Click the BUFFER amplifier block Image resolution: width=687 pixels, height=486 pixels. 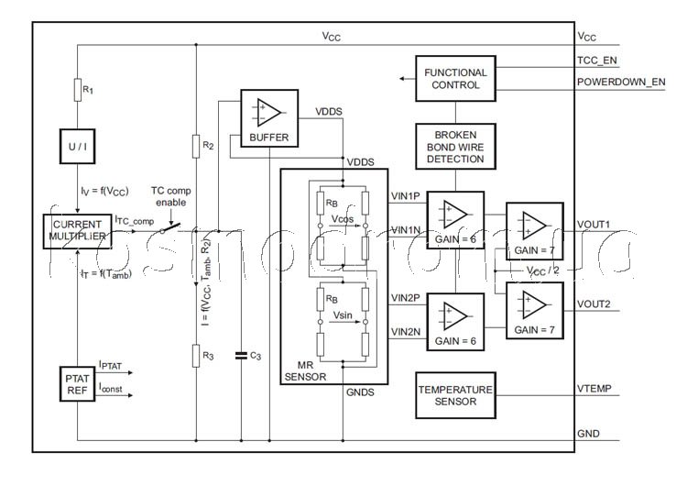(269, 117)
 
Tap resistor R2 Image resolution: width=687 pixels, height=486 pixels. (197, 145)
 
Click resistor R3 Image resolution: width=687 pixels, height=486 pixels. (197, 355)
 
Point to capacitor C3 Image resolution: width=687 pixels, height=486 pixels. (241, 355)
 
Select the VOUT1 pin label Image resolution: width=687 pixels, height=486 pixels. (594, 222)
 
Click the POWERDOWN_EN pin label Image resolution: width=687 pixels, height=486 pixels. (621, 82)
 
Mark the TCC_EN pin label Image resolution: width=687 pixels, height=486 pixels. (596, 60)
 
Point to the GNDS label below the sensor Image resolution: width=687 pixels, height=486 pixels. (359, 392)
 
